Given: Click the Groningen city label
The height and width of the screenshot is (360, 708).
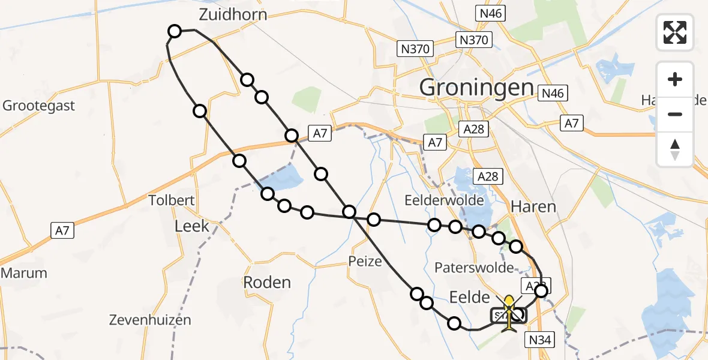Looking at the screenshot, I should (x=476, y=88).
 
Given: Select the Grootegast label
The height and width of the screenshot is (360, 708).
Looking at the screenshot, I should (x=39, y=106).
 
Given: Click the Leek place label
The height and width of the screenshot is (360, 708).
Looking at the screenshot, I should (x=191, y=226).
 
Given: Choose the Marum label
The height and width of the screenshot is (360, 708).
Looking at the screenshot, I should (x=23, y=273).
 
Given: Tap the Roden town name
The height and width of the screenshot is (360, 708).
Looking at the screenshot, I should (x=267, y=283).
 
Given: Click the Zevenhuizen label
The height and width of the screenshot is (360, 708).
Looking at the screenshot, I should (x=150, y=320).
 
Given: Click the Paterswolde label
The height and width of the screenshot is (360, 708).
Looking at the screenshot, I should (x=475, y=268).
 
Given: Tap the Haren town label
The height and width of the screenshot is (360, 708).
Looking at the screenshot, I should (x=533, y=207).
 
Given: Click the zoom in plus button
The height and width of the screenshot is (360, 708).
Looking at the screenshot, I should (x=675, y=79).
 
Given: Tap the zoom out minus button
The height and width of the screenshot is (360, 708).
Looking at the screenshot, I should (x=675, y=114).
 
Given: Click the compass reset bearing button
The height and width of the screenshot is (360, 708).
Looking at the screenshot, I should (x=675, y=148).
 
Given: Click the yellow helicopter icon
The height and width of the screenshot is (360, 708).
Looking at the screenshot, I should (x=509, y=312).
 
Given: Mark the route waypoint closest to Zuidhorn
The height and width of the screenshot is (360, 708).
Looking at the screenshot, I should (x=174, y=31).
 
